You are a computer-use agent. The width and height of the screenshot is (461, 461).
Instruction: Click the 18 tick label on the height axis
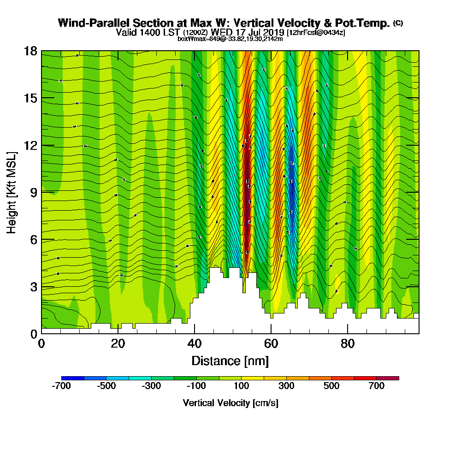tap(30, 51)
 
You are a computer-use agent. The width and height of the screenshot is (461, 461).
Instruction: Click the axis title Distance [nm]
tap(230, 361)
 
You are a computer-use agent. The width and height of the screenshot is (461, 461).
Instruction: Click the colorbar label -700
tap(61, 386)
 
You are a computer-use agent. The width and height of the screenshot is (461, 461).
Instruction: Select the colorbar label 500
tap(331, 386)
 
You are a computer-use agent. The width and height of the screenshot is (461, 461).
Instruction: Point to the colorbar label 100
tap(242, 386)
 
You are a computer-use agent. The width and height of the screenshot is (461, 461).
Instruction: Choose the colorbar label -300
tap(152, 386)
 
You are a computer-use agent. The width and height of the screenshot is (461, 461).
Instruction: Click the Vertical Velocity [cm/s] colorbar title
tap(230, 403)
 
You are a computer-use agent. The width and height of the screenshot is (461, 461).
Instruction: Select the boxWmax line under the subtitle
tap(230, 39)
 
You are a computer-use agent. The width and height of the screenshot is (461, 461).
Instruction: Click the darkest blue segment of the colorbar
tap(73, 378)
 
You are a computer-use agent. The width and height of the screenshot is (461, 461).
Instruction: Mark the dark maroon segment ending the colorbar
tap(388, 378)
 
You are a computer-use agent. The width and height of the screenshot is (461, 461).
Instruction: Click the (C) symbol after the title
tap(398, 23)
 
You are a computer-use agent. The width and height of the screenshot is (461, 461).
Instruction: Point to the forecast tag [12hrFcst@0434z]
tap(316, 33)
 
